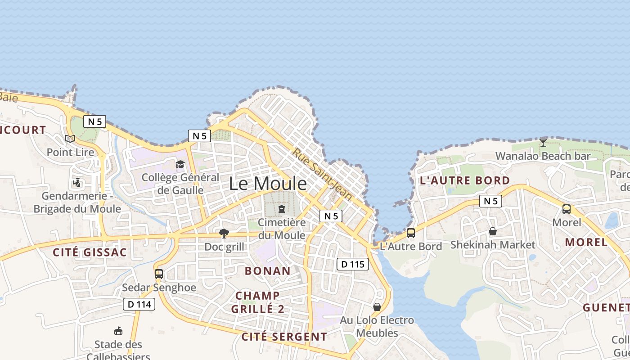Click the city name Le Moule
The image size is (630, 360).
point(268,184)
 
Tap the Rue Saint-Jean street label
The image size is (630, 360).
point(322,174)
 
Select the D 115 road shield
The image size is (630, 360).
point(352,264)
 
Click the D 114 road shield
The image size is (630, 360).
point(139,304)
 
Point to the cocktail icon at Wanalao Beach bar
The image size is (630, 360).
point(543,143)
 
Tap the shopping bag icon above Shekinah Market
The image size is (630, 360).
point(493,231)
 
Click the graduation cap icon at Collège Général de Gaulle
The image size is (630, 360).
point(180,164)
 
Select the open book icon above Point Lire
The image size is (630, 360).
point(70,139)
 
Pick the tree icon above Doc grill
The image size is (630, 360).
point(224,233)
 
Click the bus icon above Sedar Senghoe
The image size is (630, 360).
point(158,274)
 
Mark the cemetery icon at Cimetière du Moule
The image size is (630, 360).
point(282,209)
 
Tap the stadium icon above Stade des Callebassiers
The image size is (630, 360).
point(118,331)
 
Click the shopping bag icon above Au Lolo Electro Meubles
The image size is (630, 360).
point(377,307)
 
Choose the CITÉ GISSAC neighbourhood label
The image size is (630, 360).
point(90,252)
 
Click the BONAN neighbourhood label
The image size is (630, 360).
point(268,271)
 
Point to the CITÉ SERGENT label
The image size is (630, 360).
point(284,337)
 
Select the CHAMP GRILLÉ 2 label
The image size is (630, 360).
point(258,302)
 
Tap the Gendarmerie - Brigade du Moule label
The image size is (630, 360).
point(77,202)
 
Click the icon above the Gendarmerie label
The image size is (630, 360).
point(77,183)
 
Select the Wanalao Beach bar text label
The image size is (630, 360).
point(543,156)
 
